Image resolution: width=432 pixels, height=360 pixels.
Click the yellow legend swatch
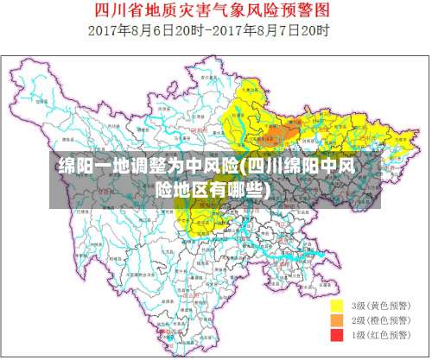[338, 306]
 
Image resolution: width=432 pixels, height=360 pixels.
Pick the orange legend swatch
[338, 319]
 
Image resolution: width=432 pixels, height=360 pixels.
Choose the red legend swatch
[338, 333]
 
